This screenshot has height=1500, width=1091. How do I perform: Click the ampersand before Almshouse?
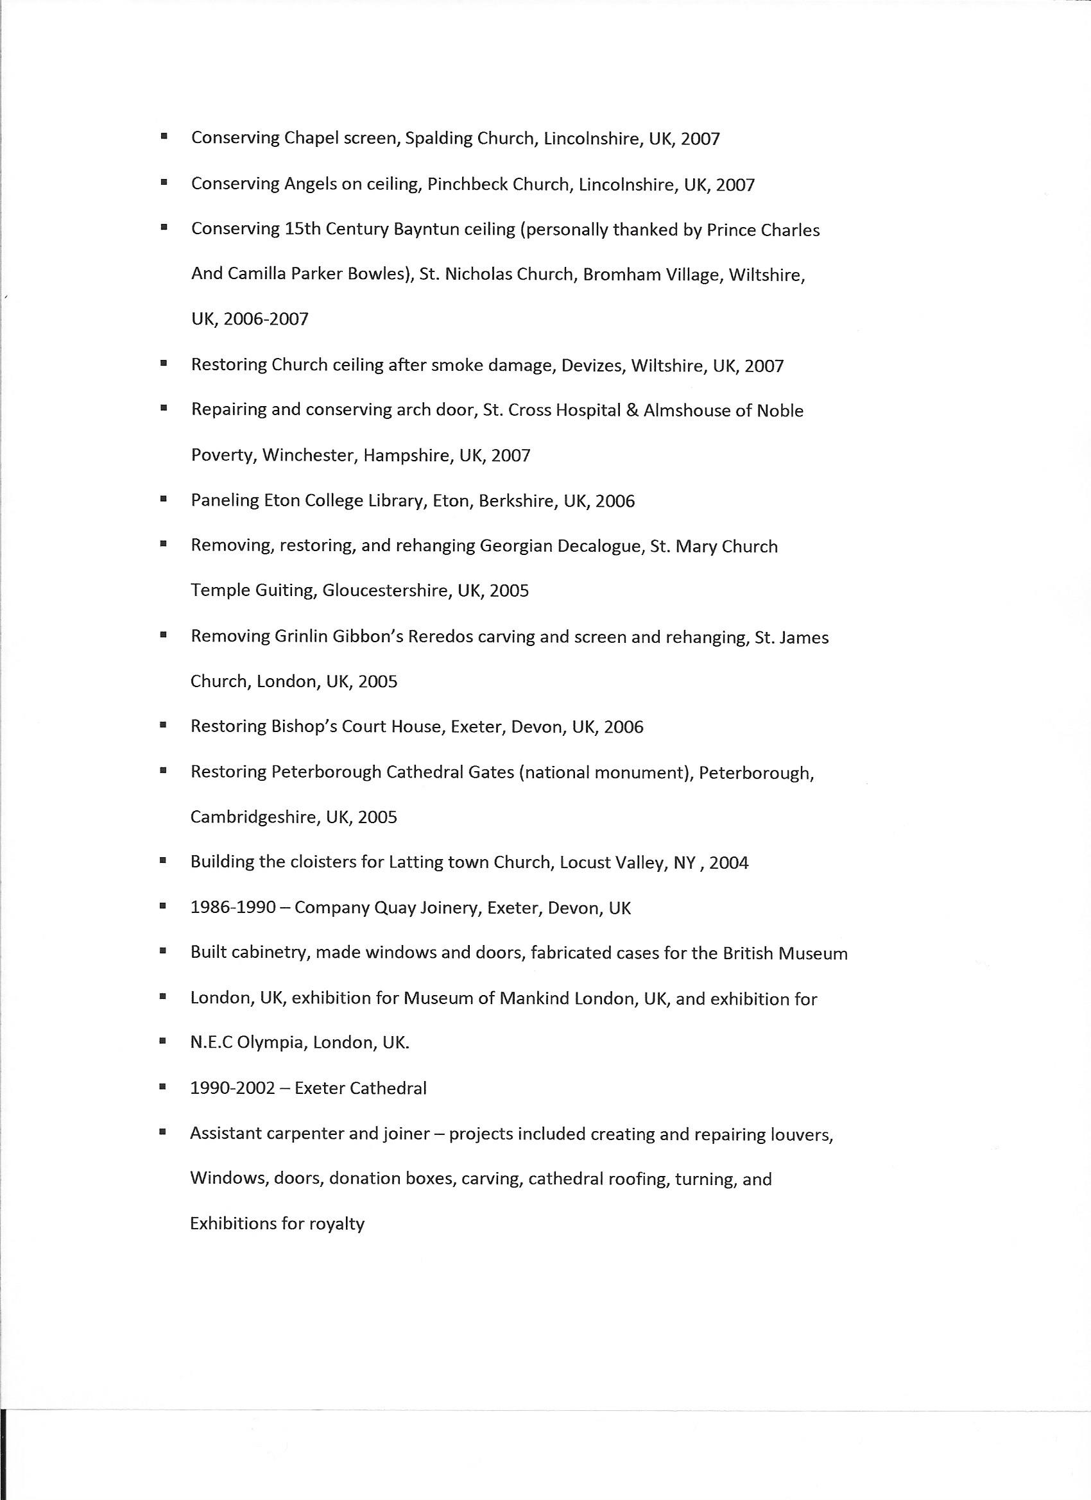632,411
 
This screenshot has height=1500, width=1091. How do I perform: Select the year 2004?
728,863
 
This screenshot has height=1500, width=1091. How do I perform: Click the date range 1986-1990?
233,907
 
